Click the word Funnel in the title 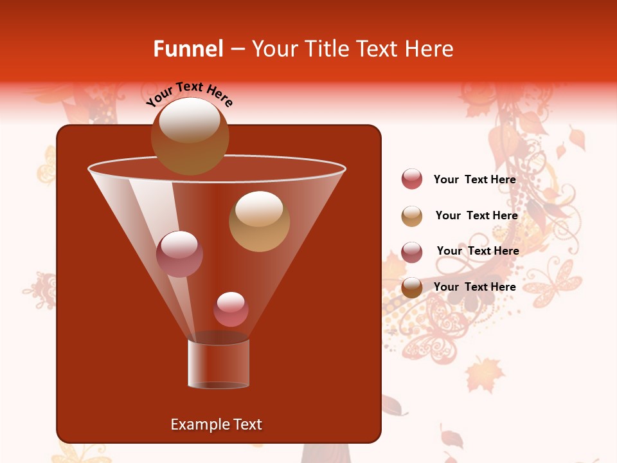click(188, 49)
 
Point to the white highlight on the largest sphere click(190, 120)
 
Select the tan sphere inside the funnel click(259, 222)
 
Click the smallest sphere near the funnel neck click(231, 309)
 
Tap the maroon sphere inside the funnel click(179, 254)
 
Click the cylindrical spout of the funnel click(219, 363)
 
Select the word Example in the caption click(193, 424)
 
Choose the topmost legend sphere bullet click(412, 179)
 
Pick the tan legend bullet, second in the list click(412, 216)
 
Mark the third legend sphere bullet click(412, 252)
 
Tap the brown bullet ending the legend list click(412, 287)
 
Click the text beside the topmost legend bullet click(474, 179)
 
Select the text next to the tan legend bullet click(476, 215)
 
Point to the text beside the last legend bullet click(474, 287)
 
